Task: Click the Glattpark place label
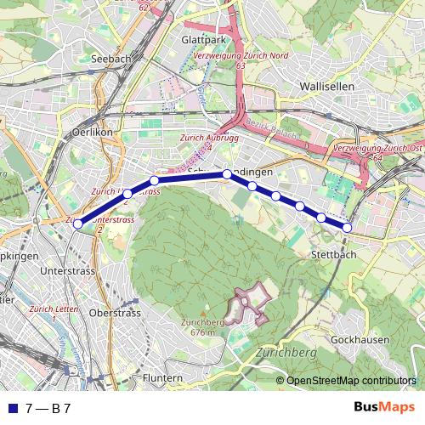202,40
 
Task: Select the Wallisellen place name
326,87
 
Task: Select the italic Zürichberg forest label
285,351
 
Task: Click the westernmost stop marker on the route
77,224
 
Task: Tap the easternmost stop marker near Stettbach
347,227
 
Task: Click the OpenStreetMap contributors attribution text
350,380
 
